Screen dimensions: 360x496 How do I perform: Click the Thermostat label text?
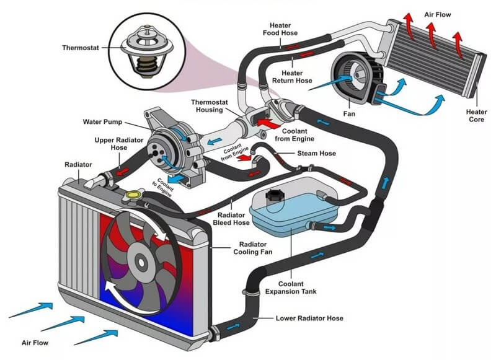pyautogui.click(x=82, y=47)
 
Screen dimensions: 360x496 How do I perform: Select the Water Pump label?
pyautogui.click(x=103, y=121)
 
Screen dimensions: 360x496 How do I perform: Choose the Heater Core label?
pyautogui.click(x=476, y=116)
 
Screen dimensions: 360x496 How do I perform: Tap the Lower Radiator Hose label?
pyautogui.click(x=309, y=318)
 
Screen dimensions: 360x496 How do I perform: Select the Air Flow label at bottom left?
pyautogui.click(x=35, y=341)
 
